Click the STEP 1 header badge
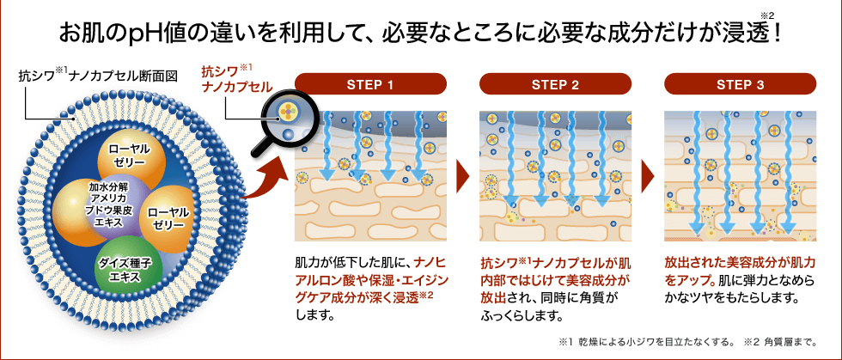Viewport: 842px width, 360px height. coord(369,84)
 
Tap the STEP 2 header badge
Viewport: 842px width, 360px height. coord(555,84)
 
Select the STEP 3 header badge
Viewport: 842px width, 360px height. coord(740,84)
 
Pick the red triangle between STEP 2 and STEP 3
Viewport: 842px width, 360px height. coord(650,175)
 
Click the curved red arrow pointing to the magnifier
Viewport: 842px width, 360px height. coord(263,176)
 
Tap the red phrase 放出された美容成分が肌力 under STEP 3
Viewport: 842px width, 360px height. coord(740,260)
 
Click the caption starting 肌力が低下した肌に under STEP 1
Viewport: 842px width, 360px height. coord(353,260)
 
